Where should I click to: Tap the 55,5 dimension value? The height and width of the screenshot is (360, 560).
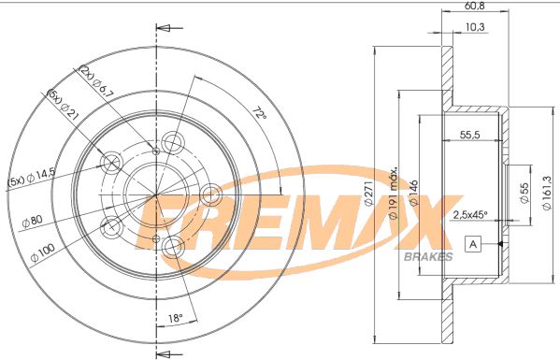(x=470, y=136)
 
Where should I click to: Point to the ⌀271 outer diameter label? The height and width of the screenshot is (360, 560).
(x=368, y=195)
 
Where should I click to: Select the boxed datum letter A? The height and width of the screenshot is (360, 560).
(x=472, y=245)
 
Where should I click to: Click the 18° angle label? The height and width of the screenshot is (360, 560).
(x=176, y=319)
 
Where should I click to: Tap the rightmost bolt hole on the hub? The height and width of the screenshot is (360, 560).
(x=211, y=194)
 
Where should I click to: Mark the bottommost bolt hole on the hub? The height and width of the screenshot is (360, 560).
(x=173, y=247)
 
